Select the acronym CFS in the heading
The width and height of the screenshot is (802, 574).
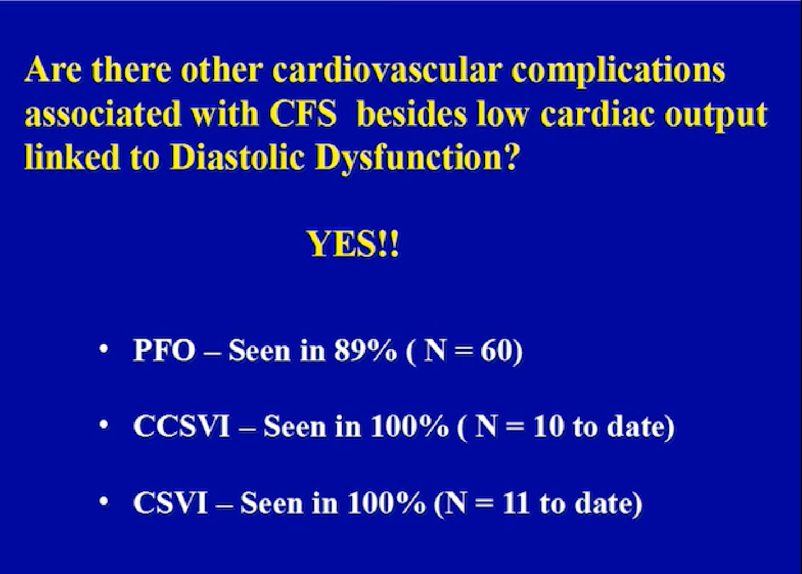pos(303,114)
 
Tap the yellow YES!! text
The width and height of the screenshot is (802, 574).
pos(353,245)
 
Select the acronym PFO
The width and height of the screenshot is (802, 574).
pos(164,350)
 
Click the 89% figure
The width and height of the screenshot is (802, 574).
pos(366,350)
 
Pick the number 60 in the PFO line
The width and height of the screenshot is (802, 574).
pos(496,350)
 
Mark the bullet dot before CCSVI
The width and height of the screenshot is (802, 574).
pos(104,425)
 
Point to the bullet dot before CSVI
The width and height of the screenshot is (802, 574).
pos(104,501)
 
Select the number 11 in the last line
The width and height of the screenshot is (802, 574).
pos(516,503)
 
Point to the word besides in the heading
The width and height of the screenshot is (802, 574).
pos(412,114)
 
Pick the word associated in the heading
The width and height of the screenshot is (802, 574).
pos(102,114)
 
